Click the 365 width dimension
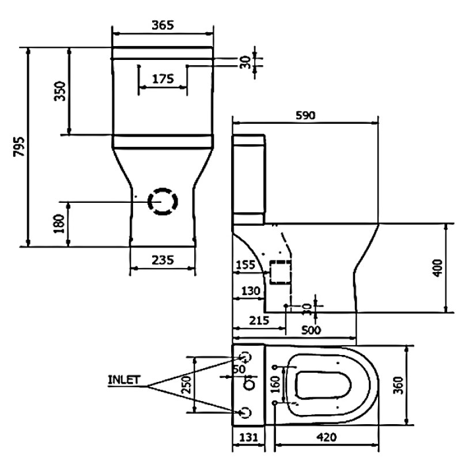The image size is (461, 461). (x=162, y=25)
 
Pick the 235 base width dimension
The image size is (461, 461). (x=162, y=260)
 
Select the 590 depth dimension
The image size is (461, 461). (x=305, y=115)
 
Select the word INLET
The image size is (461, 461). (x=124, y=380)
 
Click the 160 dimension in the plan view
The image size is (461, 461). (x=275, y=384)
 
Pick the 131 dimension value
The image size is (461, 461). (x=248, y=437)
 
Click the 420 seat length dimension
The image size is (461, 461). (x=326, y=437)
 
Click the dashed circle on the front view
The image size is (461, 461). (x=163, y=201)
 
